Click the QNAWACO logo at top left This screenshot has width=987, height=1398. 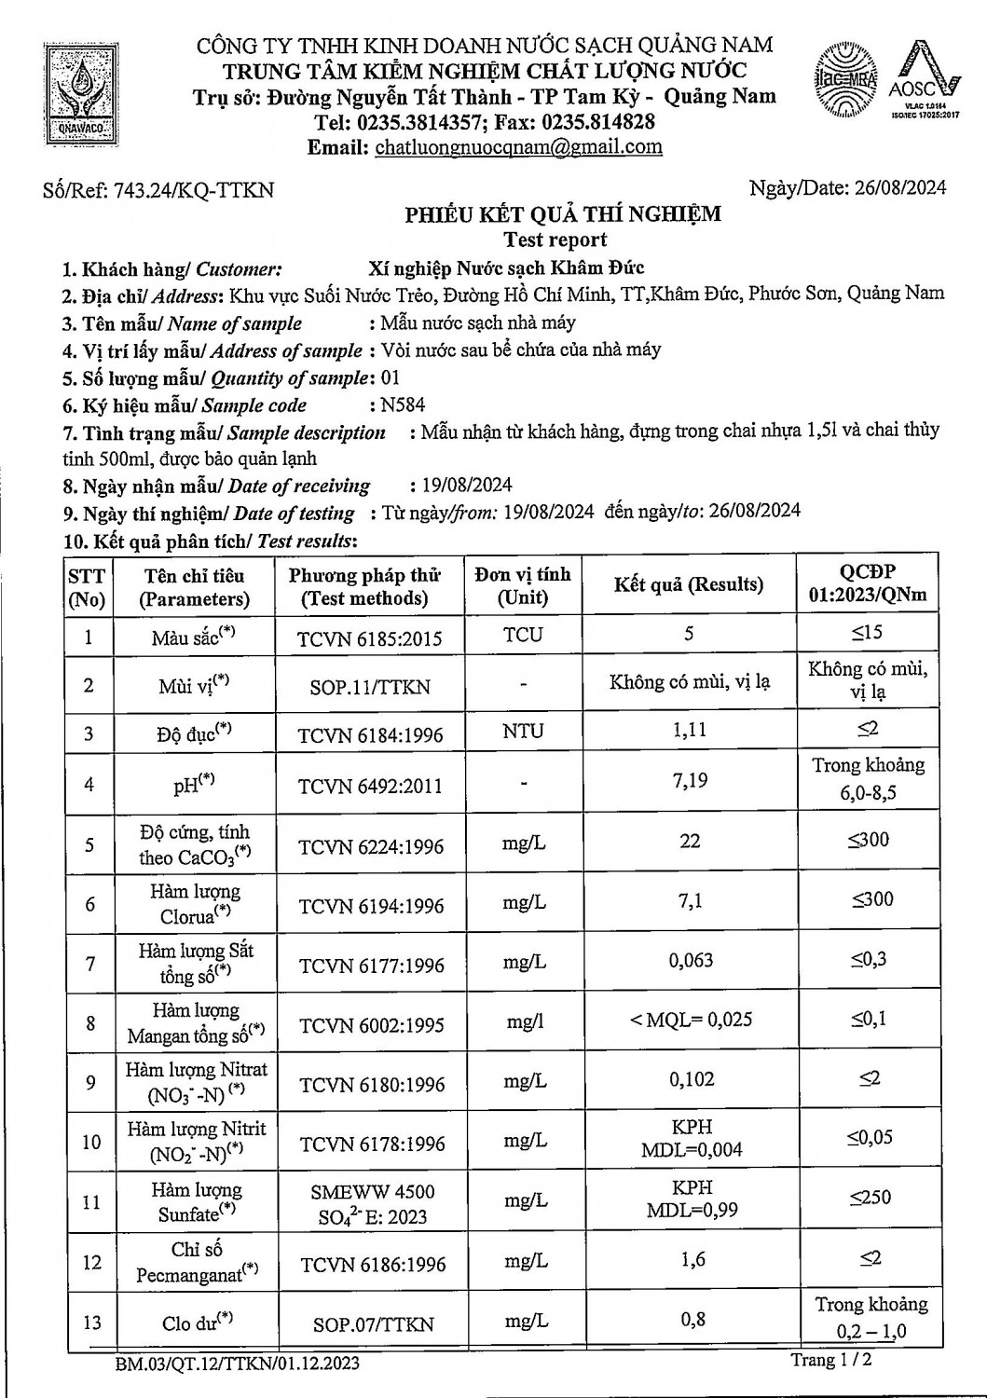84,93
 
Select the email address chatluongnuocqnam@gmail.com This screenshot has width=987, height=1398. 518,146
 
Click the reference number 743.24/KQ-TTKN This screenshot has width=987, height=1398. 194,190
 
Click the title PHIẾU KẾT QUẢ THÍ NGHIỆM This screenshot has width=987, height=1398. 563,214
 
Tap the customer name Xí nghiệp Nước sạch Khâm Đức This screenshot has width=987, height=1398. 506,268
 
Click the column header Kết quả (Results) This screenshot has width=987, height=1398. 688,584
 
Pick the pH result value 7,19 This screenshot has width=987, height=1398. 690,780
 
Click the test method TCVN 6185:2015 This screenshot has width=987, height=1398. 369,638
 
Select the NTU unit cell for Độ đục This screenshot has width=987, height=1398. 523,731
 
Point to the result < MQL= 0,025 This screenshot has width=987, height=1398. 691,1020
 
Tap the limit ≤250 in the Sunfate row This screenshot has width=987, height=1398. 870,1197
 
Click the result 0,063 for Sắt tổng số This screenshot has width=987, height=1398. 691,960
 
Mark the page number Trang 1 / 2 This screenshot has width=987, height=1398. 831,1360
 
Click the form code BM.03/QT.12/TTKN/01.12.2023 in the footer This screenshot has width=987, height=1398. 237,1364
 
